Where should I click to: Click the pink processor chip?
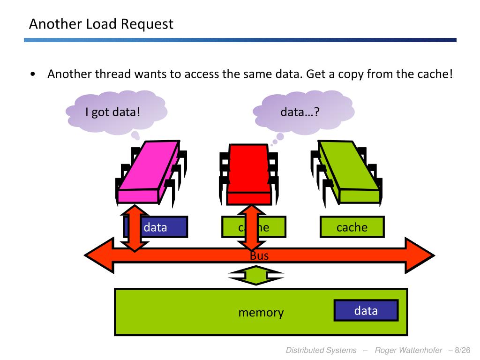148,172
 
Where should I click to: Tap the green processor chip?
350,172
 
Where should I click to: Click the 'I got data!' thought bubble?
113,112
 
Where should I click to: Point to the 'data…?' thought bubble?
300,112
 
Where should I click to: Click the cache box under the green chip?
352,227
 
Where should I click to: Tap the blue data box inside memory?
366,311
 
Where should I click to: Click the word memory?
261,313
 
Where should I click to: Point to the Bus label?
259,256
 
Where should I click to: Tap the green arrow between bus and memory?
256,275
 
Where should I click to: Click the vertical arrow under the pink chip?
135,228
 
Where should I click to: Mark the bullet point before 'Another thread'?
32,75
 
